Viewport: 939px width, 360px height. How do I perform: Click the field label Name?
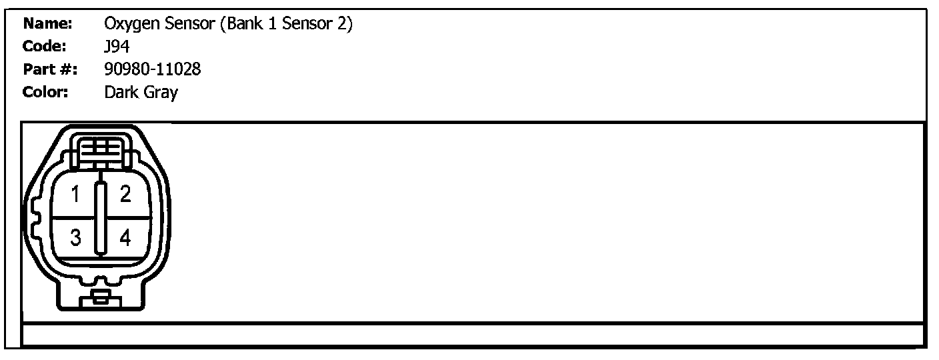tap(47, 25)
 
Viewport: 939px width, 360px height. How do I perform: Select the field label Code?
tap(45, 47)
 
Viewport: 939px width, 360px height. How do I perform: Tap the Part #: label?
tap(51, 69)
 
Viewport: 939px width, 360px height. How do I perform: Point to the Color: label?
tap(46, 92)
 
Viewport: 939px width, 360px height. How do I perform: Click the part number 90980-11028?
tap(153, 69)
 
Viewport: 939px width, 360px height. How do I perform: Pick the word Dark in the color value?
tap(121, 92)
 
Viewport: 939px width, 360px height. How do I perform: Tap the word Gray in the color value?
tap(160, 93)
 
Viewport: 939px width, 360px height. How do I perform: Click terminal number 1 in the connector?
tap(76, 195)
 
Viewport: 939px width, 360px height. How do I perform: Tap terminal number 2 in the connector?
tap(125, 195)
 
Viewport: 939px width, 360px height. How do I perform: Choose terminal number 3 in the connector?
tap(76, 237)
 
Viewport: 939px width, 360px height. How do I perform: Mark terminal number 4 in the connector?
tap(125, 237)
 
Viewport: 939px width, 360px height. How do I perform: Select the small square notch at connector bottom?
tap(100, 297)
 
